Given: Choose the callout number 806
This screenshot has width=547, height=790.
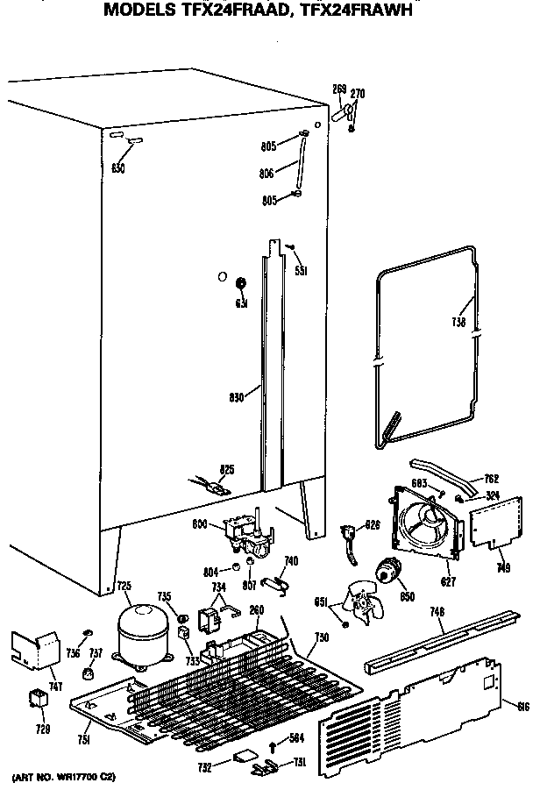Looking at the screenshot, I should tap(266, 174).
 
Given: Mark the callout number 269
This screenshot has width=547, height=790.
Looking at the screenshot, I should tap(339, 88).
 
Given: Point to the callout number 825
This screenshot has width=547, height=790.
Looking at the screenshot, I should tap(226, 470).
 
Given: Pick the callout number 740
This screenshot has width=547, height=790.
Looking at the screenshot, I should tap(291, 560).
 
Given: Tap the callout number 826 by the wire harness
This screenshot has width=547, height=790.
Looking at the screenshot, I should tap(373, 526).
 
